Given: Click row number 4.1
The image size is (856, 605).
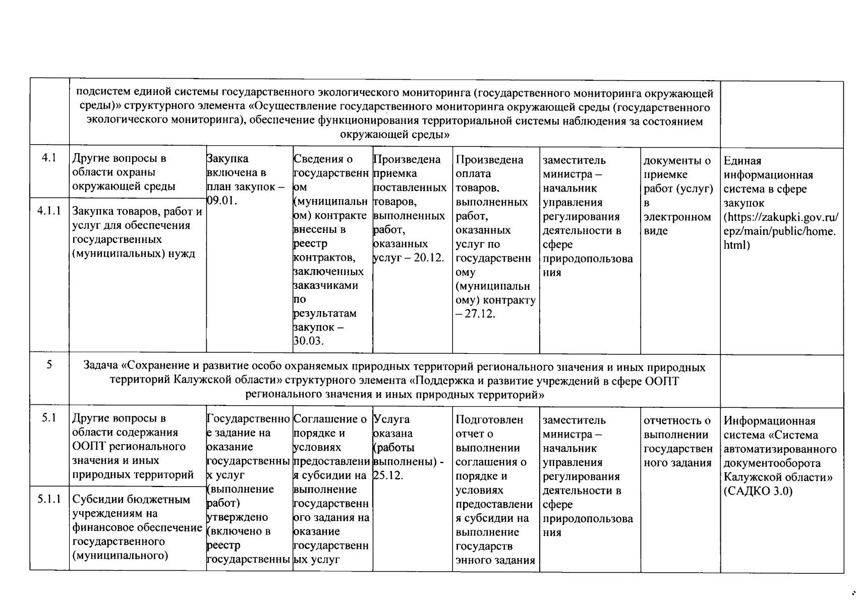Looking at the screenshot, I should point(49,158).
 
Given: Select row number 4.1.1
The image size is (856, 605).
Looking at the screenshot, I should point(49,211).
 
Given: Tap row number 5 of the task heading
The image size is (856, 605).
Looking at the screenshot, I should point(49,365).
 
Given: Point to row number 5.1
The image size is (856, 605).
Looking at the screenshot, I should point(49,418).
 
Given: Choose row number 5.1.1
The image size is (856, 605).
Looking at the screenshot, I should point(49,499).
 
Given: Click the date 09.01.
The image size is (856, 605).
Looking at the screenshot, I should point(222,201).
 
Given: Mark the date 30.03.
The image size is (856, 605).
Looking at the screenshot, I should point(308,341).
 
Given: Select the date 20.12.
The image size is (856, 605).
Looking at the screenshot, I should point(429,258).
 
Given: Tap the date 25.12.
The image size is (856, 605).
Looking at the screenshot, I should point(388,475).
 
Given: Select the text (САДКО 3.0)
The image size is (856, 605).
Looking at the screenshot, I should point(758,491).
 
